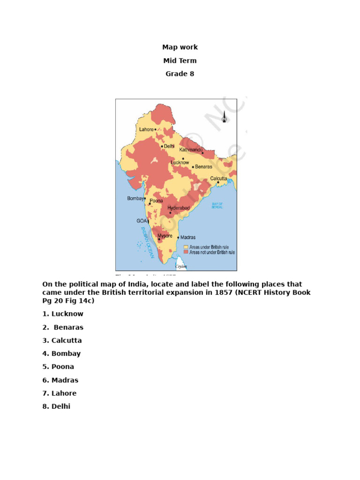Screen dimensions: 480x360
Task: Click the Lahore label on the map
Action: click(x=146, y=129)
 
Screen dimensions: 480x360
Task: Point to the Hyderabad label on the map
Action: click(x=178, y=208)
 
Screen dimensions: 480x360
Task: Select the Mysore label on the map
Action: click(x=165, y=235)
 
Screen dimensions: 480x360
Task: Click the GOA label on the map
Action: click(x=141, y=220)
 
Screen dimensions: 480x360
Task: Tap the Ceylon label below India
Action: click(x=181, y=266)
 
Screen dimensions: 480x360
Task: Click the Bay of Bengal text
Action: click(x=217, y=205)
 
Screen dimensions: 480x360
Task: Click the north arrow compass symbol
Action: click(x=224, y=117)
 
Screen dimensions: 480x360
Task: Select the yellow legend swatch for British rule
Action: click(x=186, y=247)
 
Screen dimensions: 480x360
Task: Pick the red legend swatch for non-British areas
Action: click(x=186, y=252)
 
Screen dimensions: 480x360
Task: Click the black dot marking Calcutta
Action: click(x=218, y=182)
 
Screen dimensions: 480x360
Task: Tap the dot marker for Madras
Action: click(x=178, y=238)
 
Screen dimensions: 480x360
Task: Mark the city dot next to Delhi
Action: click(x=162, y=146)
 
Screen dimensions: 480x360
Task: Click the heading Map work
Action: click(x=180, y=47)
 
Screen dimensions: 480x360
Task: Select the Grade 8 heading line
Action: click(x=180, y=74)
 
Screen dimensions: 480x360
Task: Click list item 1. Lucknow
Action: click(x=63, y=314)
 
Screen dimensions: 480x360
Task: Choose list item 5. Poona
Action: click(x=58, y=367)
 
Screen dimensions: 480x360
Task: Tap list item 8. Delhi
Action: click(x=56, y=406)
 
